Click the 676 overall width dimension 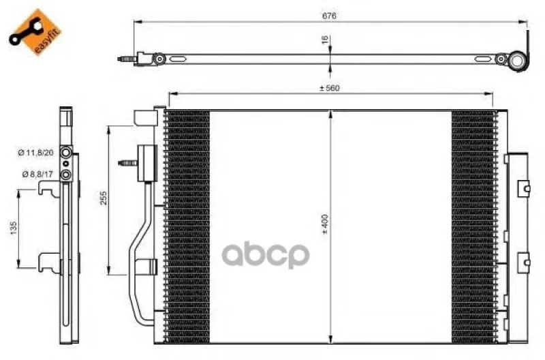coord(329,16)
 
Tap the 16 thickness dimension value coord(326,40)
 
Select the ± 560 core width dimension coord(330,88)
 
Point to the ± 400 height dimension coord(325,224)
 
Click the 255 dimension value coord(104,198)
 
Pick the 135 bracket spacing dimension coord(14,228)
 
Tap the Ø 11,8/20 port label coord(36,152)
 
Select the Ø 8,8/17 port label coord(37,174)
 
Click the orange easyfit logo coord(35,32)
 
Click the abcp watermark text coord(266,254)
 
